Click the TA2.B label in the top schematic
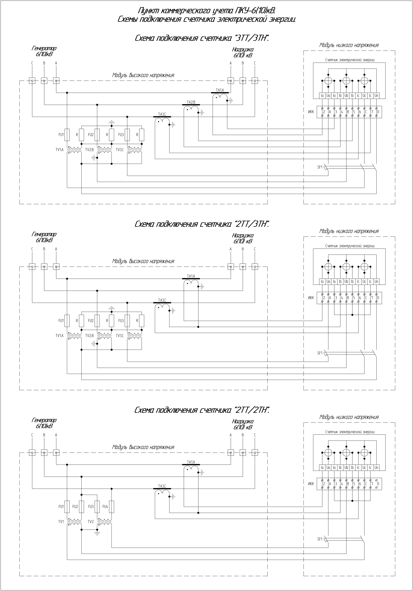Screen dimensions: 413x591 pyautogui.click(x=191, y=102)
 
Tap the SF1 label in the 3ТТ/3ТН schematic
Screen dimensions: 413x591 pyautogui.click(x=320, y=167)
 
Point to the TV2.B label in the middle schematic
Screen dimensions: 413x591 pyautogui.click(x=89, y=336)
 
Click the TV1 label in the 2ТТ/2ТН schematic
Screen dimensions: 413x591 pyautogui.click(x=61, y=521)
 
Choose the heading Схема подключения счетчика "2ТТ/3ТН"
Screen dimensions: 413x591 pyautogui.click(x=202, y=224)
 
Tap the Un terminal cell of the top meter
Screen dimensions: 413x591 pyautogui.click(x=376, y=96)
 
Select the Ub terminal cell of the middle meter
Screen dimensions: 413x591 pyautogui.click(x=346, y=282)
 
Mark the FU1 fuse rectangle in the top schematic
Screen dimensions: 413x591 pyautogui.click(x=67, y=135)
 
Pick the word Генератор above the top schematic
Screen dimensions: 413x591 pyautogui.click(x=44, y=48)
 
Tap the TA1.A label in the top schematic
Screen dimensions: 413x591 pyautogui.click(x=220, y=90)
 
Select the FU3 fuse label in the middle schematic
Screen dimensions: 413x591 pyautogui.click(x=121, y=321)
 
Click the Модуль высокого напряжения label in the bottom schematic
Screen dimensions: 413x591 pyautogui.click(x=143, y=447)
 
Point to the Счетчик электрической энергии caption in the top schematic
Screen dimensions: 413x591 pyautogui.click(x=350, y=60)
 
